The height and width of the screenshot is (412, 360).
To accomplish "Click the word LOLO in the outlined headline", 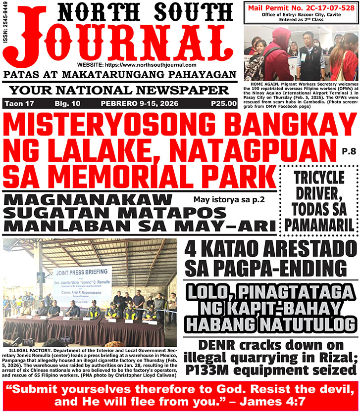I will coord(213,292).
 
